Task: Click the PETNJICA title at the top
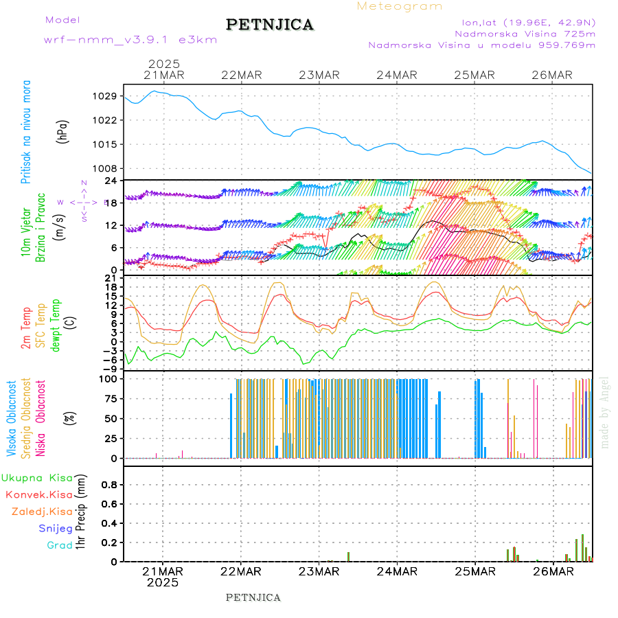click(x=270, y=25)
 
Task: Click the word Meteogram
click(x=400, y=6)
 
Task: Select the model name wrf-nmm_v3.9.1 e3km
click(x=130, y=40)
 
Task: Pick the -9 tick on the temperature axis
click(x=110, y=368)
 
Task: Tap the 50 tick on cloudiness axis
click(x=111, y=418)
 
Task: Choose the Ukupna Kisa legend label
click(x=37, y=477)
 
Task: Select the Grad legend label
click(x=60, y=545)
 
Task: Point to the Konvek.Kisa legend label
click(x=39, y=494)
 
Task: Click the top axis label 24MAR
click(x=397, y=75)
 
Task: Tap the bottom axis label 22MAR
click(x=241, y=571)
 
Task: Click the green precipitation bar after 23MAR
click(x=348, y=556)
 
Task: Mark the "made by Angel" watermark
click(x=605, y=412)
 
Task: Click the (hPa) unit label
click(x=64, y=131)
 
